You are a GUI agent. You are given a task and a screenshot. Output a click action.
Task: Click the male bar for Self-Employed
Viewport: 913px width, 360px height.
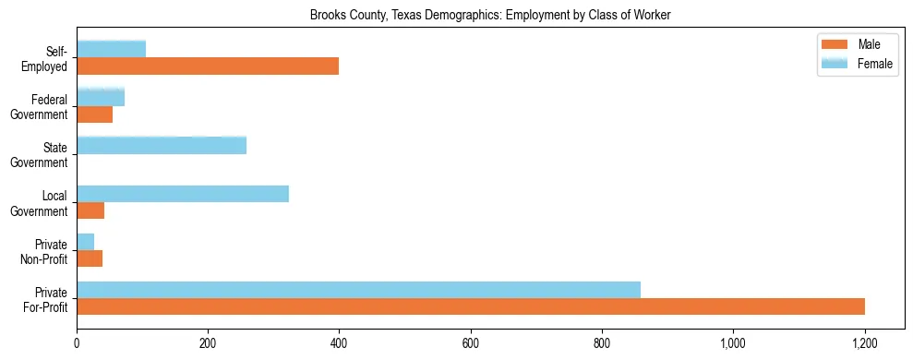pos(208,66)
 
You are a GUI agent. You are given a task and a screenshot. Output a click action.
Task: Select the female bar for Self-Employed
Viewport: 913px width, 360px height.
pos(111,49)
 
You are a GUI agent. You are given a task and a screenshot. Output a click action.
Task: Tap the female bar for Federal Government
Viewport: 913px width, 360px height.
pos(101,97)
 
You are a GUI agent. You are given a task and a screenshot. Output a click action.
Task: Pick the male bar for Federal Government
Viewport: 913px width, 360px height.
pos(94,114)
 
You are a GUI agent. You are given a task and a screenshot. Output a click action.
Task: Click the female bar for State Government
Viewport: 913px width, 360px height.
pos(162,145)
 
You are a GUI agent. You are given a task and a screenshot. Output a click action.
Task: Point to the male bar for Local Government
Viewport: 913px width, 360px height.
pos(90,211)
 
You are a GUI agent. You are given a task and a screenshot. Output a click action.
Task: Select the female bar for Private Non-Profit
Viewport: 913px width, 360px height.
pos(85,242)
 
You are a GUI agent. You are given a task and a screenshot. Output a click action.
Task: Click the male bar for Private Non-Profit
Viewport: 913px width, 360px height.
pos(90,259)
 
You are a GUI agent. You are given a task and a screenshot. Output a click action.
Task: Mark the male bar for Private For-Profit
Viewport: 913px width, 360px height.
pos(471,307)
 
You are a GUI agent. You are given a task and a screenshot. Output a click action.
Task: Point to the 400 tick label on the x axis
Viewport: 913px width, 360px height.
pos(339,343)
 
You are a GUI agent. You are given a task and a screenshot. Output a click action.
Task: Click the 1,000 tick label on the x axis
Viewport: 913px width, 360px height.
pos(733,343)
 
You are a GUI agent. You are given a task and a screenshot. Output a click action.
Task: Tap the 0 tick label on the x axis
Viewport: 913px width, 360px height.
pos(77,343)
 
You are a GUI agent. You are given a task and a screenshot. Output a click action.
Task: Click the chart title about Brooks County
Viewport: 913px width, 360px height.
pos(490,15)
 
